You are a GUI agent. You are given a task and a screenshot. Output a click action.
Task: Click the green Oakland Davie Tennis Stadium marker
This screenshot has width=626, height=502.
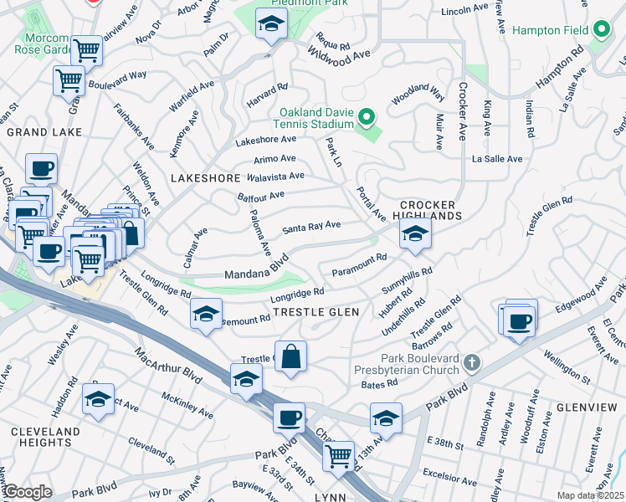pos(365,116)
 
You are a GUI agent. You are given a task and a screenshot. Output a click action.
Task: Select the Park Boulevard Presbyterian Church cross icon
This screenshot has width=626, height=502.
pos(472,362)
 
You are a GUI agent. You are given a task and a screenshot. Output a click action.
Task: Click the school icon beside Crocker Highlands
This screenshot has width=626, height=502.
pos(414,236)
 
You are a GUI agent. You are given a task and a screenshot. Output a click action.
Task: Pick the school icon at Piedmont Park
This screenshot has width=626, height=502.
pos(271,26)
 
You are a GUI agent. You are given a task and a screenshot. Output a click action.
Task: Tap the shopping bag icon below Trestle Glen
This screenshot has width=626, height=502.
pos(290,358)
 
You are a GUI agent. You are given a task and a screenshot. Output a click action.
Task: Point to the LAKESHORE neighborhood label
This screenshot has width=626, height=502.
pos(205,178)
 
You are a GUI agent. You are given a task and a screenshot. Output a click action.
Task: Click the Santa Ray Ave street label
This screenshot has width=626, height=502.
pos(311,226)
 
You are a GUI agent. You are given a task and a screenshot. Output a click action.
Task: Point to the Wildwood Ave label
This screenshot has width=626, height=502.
pos(339,55)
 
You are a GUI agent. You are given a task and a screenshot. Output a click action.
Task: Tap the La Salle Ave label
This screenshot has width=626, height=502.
pos(497,158)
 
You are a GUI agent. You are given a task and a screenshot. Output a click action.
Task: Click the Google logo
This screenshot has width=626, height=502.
pos(28,493)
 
